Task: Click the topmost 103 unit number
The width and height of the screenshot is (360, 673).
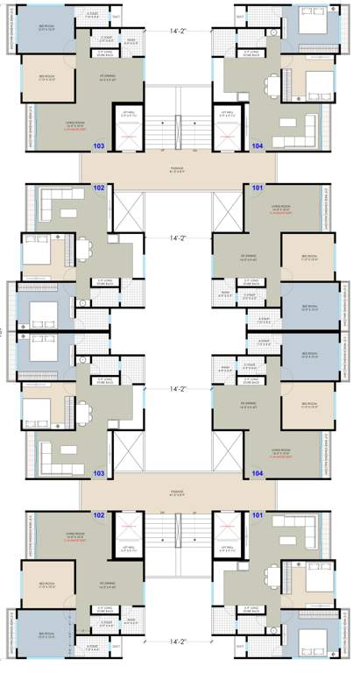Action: (98, 145)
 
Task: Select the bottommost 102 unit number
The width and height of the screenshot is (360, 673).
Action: (98, 515)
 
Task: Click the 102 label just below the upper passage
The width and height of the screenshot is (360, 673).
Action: (98, 188)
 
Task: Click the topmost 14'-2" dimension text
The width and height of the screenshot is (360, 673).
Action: (179, 34)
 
